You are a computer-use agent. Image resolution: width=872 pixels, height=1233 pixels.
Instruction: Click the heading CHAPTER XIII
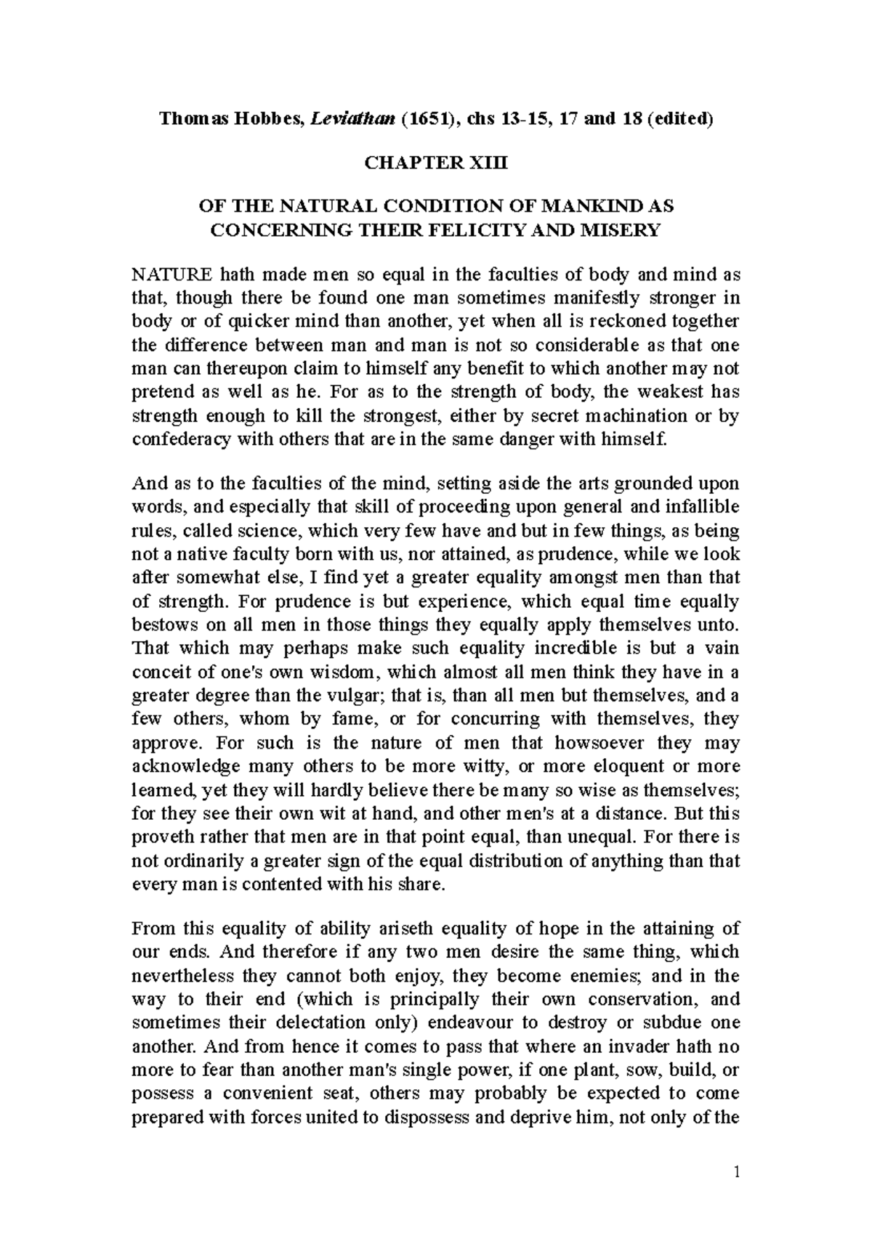coord(436,163)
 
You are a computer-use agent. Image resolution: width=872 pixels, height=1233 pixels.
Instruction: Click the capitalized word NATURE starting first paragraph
coord(171,274)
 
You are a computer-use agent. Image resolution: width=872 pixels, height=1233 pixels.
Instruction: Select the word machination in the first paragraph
coord(611,416)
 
